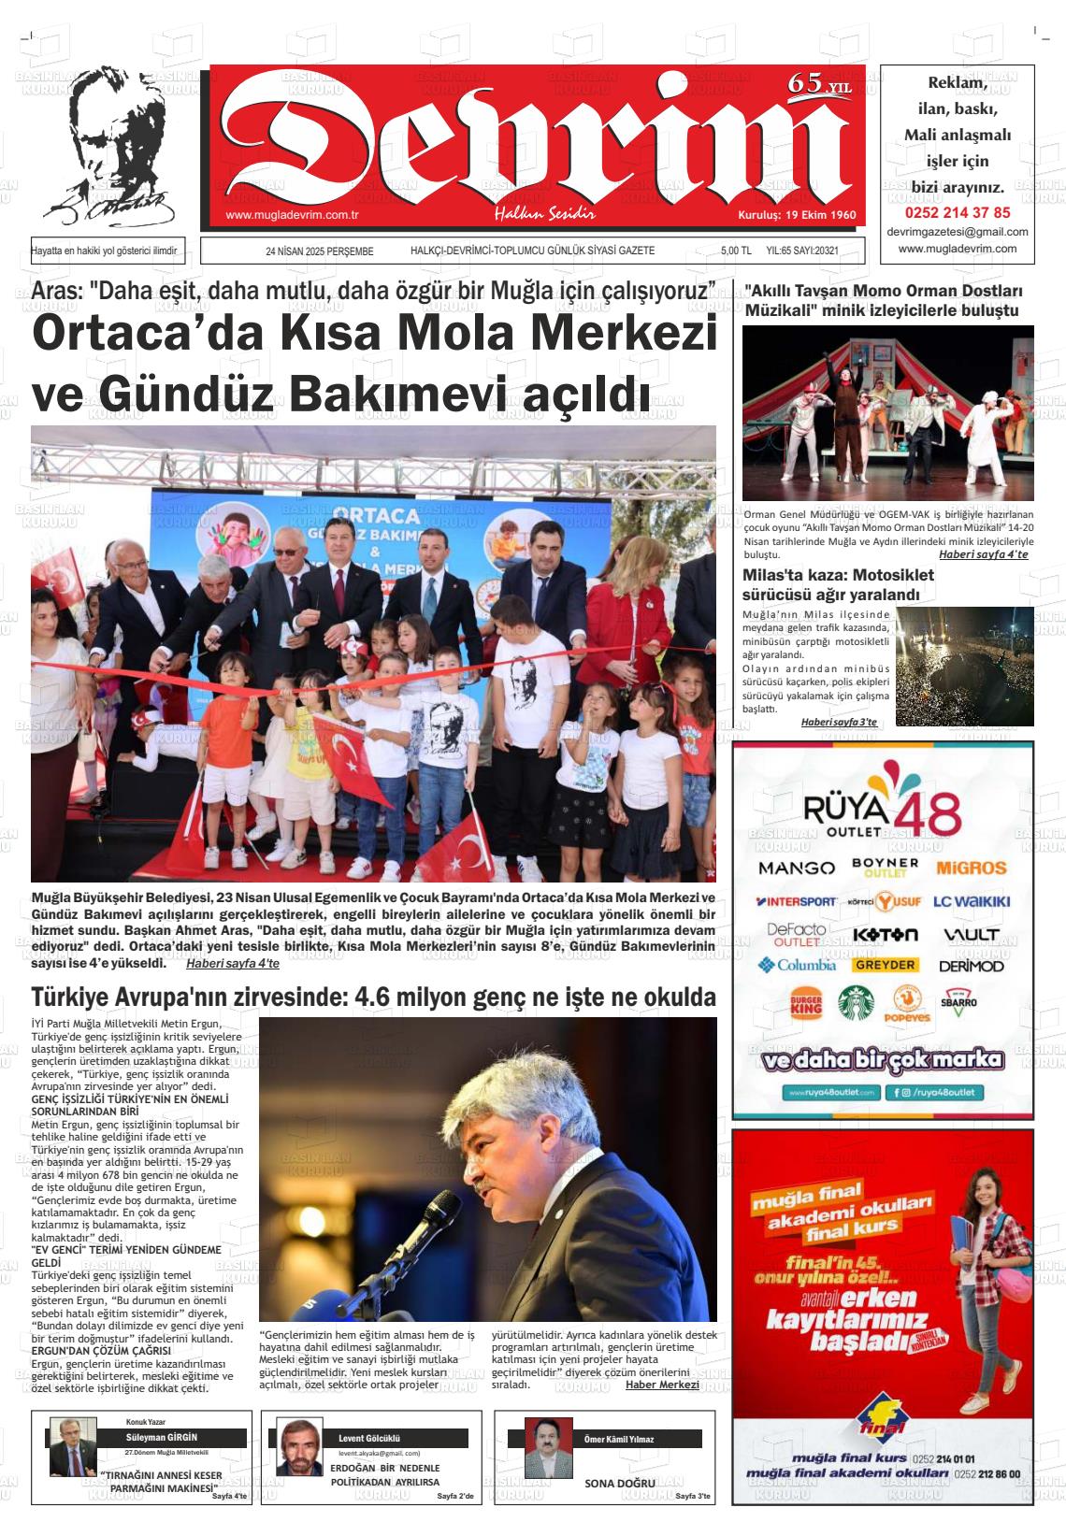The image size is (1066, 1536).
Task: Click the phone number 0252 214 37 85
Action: click(957, 212)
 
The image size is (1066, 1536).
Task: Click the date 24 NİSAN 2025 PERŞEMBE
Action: click(319, 251)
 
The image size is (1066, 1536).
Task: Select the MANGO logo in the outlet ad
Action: click(796, 868)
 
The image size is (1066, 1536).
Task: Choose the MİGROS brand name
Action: click(971, 868)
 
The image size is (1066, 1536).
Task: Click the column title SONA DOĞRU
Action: click(620, 1484)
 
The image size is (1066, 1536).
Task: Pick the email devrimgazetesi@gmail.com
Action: click(957, 232)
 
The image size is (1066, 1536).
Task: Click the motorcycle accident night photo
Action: click(964, 666)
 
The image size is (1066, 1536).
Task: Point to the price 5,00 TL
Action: click(736, 251)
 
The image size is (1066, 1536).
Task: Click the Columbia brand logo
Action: click(797, 965)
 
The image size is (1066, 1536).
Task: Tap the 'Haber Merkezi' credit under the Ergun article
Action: click(662, 1385)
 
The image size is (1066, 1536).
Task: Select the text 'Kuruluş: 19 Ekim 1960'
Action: click(797, 215)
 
